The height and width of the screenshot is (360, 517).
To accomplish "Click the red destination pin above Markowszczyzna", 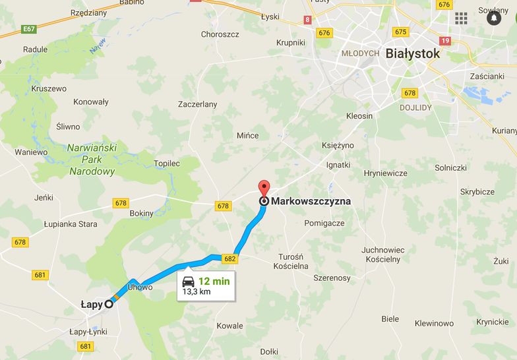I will point(264,187).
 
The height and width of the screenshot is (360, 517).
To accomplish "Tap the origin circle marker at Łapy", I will point(109,303).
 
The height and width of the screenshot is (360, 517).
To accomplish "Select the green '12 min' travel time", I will point(214,281).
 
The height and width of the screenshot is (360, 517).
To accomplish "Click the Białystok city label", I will point(413,54).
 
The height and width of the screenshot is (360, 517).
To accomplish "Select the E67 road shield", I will point(28,29).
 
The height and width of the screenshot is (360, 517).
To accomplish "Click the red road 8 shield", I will point(308,20).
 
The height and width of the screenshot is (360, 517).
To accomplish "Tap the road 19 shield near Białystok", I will point(445,41).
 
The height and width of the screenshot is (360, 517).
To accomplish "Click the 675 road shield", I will point(400,32).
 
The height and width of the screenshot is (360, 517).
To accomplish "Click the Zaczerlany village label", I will point(197,104).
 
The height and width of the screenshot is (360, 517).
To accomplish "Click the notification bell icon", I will point(493,18).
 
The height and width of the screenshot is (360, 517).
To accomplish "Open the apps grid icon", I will point(461,18).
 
